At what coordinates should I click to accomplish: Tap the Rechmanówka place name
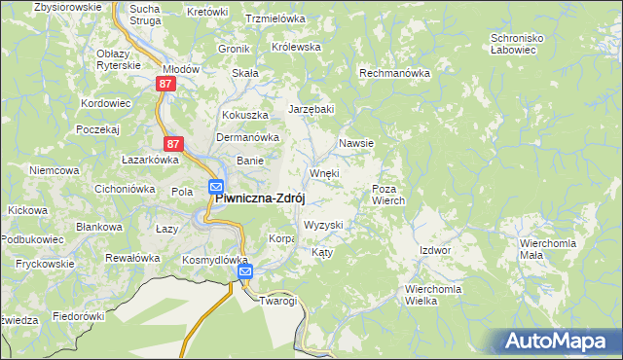[394, 73]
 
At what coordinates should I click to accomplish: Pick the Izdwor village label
[435, 250]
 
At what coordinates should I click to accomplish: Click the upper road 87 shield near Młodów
[165, 85]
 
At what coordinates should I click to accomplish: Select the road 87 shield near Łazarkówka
[172, 143]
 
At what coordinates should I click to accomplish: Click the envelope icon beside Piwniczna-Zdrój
[215, 187]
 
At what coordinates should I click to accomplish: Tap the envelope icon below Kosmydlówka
[246, 272]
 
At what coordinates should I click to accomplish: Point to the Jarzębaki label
[311, 109]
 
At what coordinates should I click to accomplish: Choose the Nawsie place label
[356, 143]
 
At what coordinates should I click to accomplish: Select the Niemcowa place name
[54, 170]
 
